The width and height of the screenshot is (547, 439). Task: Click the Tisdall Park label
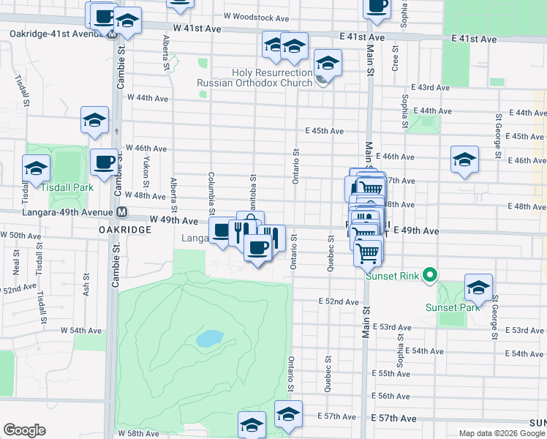[x=67, y=187]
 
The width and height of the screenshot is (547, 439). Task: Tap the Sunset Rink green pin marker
[x=431, y=275]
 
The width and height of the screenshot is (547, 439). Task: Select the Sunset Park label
[x=453, y=307]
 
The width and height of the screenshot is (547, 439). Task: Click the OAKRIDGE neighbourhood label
[x=124, y=229]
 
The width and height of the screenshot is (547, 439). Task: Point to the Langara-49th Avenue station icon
[x=122, y=212]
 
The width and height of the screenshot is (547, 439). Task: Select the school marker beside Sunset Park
[x=478, y=286]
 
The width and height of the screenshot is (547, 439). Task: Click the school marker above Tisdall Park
[x=94, y=119]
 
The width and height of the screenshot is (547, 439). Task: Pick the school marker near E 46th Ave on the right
[x=464, y=160]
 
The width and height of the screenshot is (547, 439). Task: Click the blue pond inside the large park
[x=210, y=338]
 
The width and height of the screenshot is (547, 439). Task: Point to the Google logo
[x=24, y=430]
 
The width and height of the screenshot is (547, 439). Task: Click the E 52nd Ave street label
[x=339, y=301]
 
